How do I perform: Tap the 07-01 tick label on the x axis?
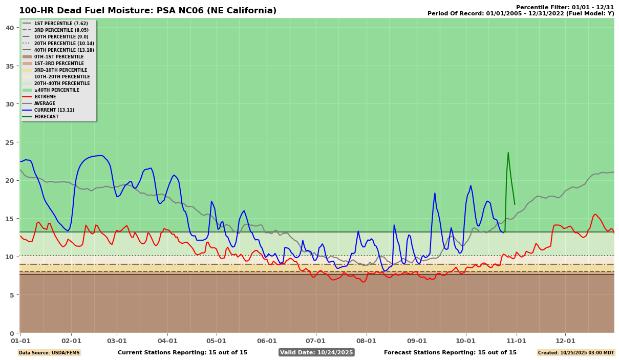pyautogui.click(x=315, y=340)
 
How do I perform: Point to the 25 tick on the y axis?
pyautogui.click(x=11, y=142)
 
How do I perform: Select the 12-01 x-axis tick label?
pyautogui.click(x=565, y=340)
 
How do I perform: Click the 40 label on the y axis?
pyautogui.click(x=11, y=28)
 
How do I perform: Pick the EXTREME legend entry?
pyautogui.click(x=45, y=97)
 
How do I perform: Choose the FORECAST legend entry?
pyautogui.click(x=46, y=117)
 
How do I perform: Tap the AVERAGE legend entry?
pyautogui.click(x=45, y=103)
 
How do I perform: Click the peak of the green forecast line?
pyautogui.click(x=508, y=153)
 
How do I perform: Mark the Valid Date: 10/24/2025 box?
pyautogui.click(x=316, y=352)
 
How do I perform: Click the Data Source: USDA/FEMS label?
pyautogui.click(x=49, y=352)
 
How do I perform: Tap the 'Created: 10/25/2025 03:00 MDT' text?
pyautogui.click(x=575, y=352)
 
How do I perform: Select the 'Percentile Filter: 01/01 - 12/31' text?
pyautogui.click(x=565, y=7)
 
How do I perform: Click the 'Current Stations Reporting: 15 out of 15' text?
pyautogui.click(x=182, y=352)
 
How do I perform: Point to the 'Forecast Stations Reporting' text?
pyautogui.click(x=450, y=352)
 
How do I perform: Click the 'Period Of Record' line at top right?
pyautogui.click(x=521, y=13)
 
